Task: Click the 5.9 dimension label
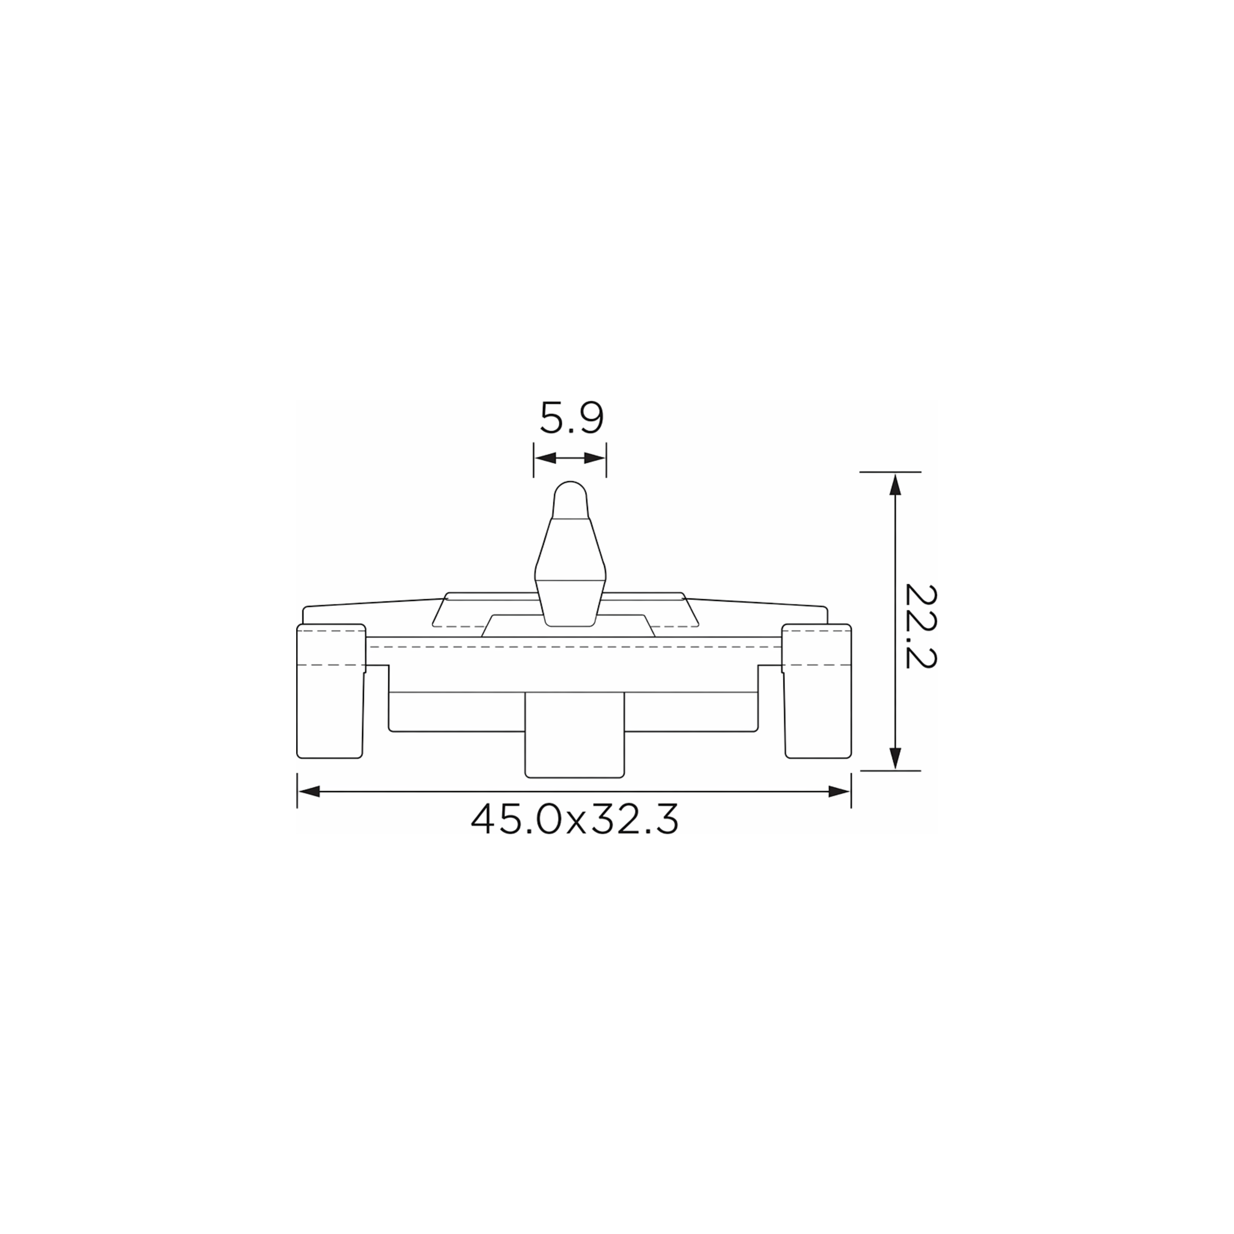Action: pyautogui.click(x=572, y=419)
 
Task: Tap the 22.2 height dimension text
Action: pyautogui.click(x=921, y=626)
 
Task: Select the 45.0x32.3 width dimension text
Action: pyautogui.click(x=574, y=819)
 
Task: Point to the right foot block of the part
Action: pyautogui.click(x=817, y=691)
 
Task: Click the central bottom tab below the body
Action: pyautogui.click(x=574, y=734)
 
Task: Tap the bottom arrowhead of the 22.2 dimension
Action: pyautogui.click(x=895, y=759)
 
